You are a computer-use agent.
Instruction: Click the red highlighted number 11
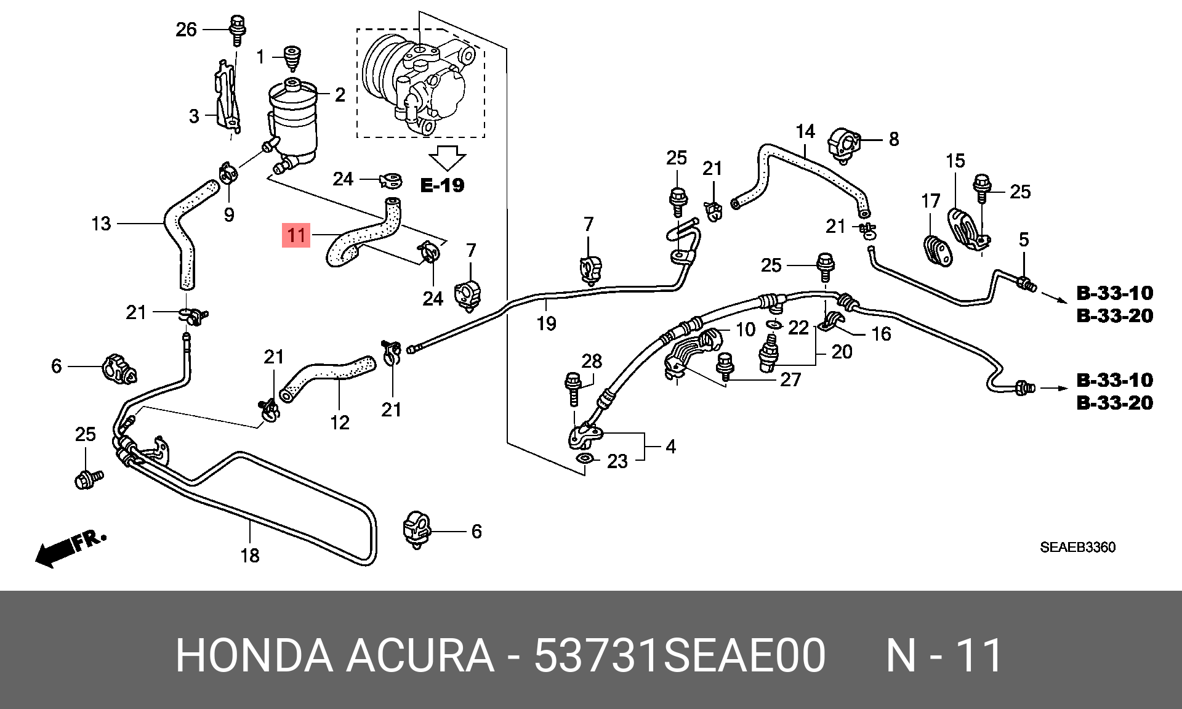point(296,235)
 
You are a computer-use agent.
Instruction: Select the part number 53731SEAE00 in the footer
point(680,655)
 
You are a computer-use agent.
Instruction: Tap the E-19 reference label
point(443,185)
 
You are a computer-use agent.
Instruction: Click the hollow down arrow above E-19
point(447,158)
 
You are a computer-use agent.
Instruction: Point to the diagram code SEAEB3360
point(1077,547)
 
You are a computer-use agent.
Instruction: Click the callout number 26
point(186,29)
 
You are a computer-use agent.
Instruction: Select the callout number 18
point(249,555)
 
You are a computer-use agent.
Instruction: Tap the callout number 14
point(805,131)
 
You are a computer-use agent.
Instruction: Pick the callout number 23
point(617,461)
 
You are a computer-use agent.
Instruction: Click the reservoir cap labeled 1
point(293,60)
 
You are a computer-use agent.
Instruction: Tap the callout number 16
point(882,334)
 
